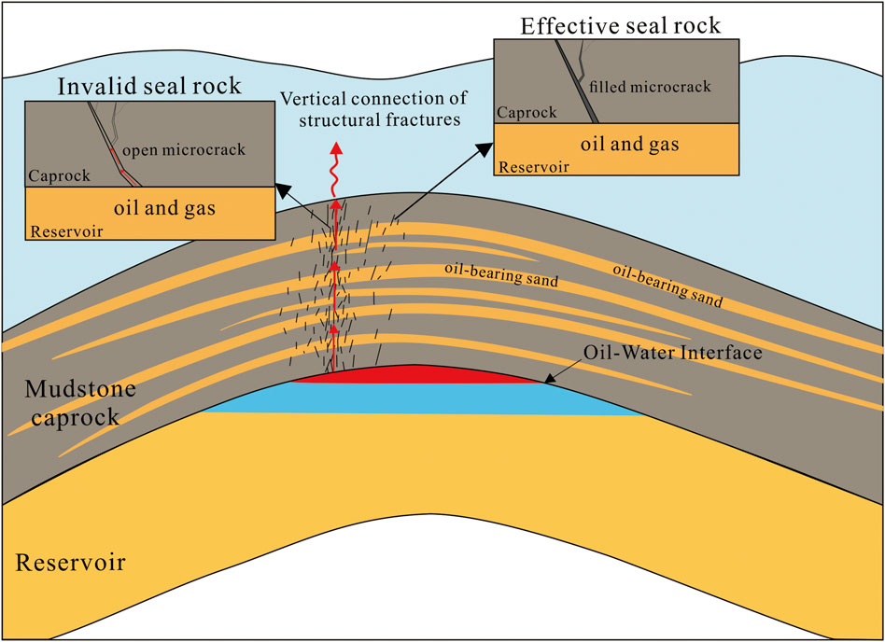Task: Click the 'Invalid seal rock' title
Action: pyautogui.click(x=149, y=87)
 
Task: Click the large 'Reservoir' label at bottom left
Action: pyautogui.click(x=70, y=564)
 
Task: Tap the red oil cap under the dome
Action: pyautogui.click(x=415, y=375)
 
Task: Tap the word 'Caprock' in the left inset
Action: pyautogui.click(x=55, y=174)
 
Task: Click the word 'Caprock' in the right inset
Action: pyautogui.click(x=527, y=112)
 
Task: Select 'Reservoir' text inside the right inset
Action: pyautogui.click(x=531, y=168)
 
